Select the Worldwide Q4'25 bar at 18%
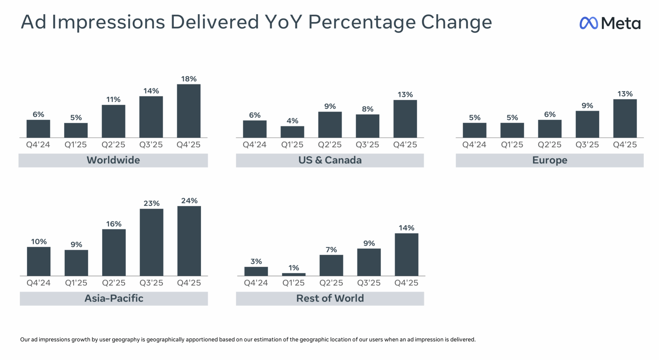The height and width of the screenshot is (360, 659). click(188, 111)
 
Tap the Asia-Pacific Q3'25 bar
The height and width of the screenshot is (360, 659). click(151, 242)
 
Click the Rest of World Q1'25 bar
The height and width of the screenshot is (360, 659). click(293, 274)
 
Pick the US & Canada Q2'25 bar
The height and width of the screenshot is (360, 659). click(330, 125)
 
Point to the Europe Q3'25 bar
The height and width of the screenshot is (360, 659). click(587, 124)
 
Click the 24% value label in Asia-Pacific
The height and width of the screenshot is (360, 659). click(189, 201)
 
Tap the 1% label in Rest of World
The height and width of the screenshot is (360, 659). click(293, 268)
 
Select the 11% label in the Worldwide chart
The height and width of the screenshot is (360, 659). click(113, 99)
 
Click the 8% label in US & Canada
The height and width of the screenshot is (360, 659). click(367, 109)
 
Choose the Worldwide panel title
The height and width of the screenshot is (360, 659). click(113, 160)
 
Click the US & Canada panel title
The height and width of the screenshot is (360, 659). click(330, 160)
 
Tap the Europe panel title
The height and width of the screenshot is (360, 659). click(550, 160)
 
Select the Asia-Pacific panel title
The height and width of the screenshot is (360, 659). click(114, 298)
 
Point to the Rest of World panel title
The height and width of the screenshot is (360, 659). click(330, 298)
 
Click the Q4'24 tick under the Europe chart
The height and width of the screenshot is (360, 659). click(474, 144)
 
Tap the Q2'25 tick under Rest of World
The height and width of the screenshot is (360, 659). click(331, 283)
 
